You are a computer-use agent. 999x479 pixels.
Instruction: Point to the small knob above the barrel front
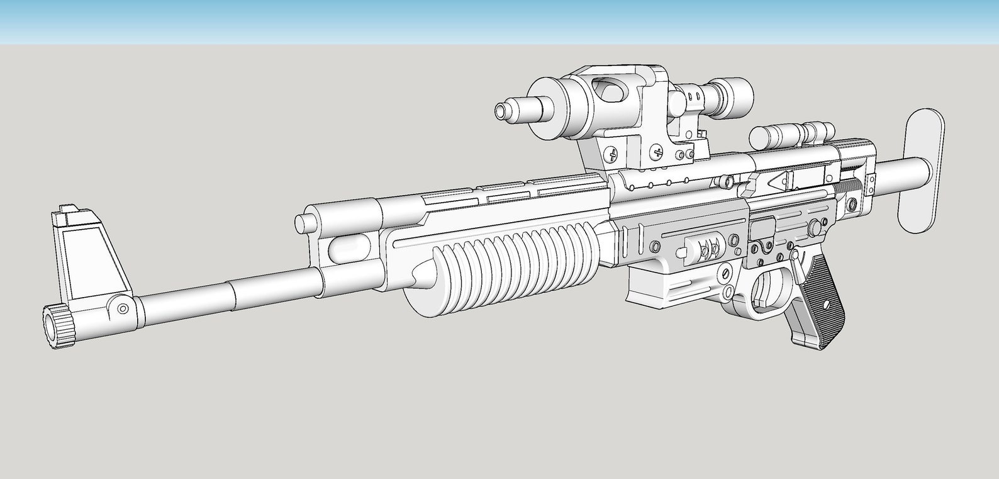coord(306,223)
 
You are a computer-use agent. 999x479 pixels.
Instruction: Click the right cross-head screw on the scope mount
coord(657,151)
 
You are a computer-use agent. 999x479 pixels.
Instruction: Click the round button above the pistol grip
coord(816,226)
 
